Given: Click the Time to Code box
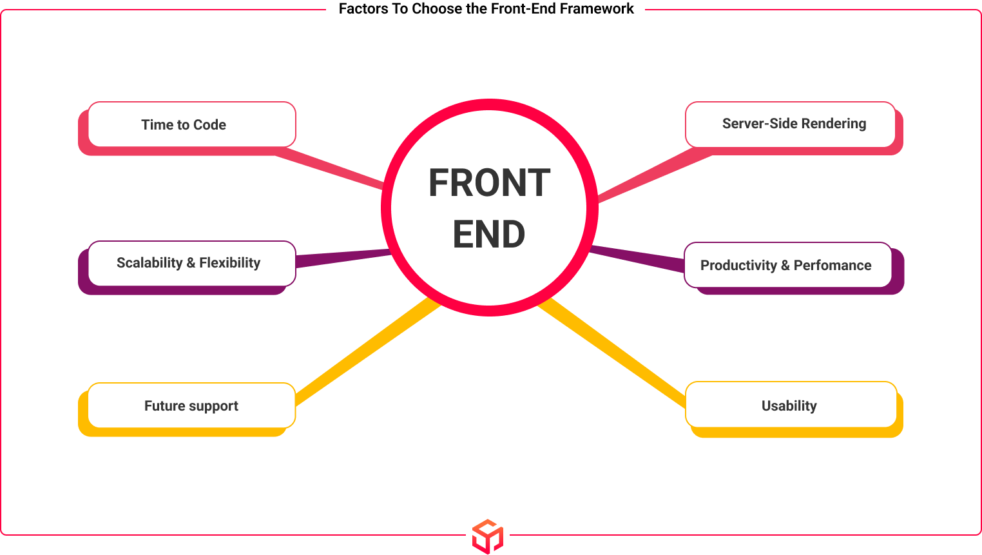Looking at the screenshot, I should tap(191, 124).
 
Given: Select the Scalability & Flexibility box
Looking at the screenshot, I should tap(191, 263).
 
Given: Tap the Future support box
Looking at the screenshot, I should tap(191, 405).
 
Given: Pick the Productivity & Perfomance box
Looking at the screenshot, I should tap(787, 265).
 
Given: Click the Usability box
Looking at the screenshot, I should tap(790, 405).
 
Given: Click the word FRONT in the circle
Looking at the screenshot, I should tap(489, 183).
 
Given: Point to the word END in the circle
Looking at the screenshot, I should tap(489, 234).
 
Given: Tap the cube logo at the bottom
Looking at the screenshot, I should tap(488, 536).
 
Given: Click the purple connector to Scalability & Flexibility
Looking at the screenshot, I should tap(342, 257).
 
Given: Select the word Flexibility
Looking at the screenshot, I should tap(229, 263).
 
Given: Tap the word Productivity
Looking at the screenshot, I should tap(738, 266).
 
